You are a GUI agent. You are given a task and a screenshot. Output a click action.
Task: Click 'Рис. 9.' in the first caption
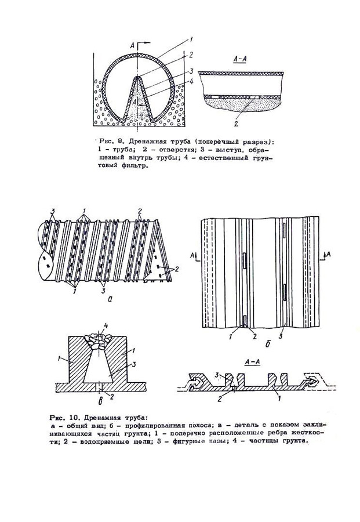coord(111,141)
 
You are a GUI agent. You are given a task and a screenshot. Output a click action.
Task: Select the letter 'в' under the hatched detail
coord(101,401)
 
